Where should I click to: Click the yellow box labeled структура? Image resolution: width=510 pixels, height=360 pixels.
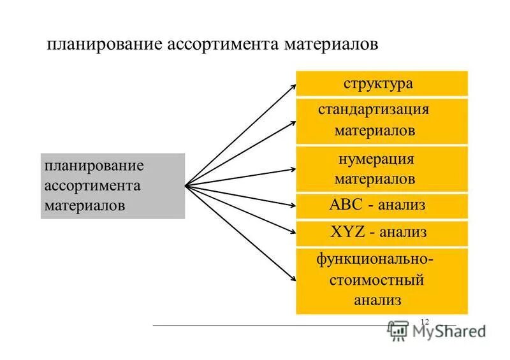(x=381, y=83)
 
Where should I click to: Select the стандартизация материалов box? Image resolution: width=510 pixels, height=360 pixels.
(x=381, y=120)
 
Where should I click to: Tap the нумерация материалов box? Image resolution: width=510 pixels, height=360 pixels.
(x=381, y=169)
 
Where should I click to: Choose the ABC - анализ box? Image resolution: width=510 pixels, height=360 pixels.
(x=381, y=206)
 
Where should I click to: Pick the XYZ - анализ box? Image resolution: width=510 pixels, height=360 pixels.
(x=381, y=233)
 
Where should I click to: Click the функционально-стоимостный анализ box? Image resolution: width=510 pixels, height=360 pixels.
(x=381, y=280)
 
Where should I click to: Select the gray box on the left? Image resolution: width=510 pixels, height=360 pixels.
(x=112, y=186)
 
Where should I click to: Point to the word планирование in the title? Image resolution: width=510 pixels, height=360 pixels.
(x=105, y=45)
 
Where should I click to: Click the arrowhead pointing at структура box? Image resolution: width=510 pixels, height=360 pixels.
(x=292, y=83)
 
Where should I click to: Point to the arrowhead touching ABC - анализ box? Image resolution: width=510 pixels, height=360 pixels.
(x=292, y=205)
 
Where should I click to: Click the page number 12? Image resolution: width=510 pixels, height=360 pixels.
(x=425, y=321)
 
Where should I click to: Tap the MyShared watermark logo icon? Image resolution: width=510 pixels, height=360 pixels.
(x=398, y=329)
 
